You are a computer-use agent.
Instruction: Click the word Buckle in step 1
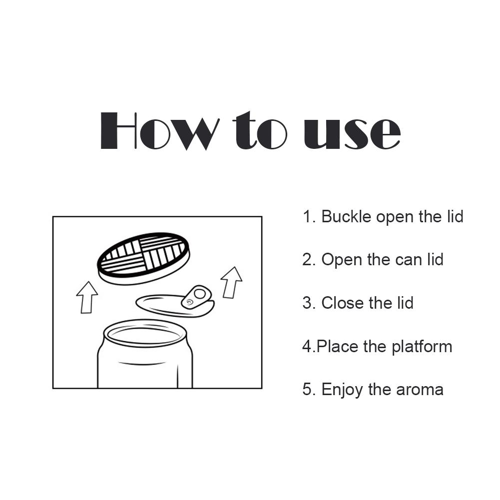(x=346, y=217)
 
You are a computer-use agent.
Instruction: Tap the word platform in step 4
(x=422, y=347)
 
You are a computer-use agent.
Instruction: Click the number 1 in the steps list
(x=306, y=217)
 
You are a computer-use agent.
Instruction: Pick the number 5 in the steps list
(x=307, y=390)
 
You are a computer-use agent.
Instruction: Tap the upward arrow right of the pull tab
(x=231, y=282)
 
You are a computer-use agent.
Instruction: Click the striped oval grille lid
(x=144, y=257)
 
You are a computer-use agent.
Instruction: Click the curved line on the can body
(x=145, y=363)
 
